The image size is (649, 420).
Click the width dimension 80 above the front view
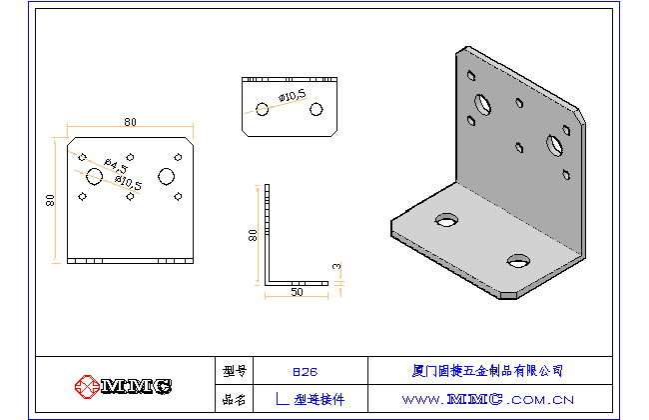coord(131,122)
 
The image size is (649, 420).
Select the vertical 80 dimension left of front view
coord(50,199)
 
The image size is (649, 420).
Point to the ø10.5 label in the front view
coord(129,182)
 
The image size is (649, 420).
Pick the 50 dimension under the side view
coord(297,293)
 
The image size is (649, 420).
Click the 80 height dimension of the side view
coord(254,234)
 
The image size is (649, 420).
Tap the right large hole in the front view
coord(166,176)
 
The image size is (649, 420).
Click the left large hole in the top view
coord(262,108)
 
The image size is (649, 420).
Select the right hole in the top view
coord(317,108)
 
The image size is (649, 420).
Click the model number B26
coord(306,370)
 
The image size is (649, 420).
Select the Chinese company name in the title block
coord(487,370)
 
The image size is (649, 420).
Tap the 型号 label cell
coord(235,370)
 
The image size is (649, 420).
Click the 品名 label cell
coord(235,398)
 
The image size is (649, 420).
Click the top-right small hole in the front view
coord(178,156)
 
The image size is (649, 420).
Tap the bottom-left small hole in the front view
coord(83,197)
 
